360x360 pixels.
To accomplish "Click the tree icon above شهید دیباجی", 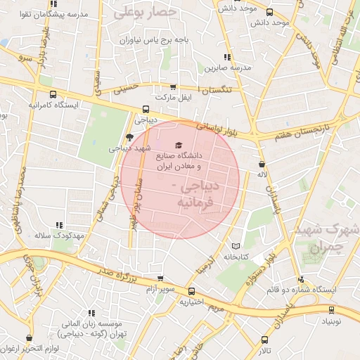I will tap(128, 136).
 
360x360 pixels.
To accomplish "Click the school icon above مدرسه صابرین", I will tap(226, 57).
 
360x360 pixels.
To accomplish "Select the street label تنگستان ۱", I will tap(221, 90).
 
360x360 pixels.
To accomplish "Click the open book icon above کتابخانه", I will tap(236, 246).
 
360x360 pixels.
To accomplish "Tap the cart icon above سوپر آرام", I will tap(160, 278).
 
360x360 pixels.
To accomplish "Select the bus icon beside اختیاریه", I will tap(192, 292).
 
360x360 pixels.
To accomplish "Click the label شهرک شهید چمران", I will tap(328, 238).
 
